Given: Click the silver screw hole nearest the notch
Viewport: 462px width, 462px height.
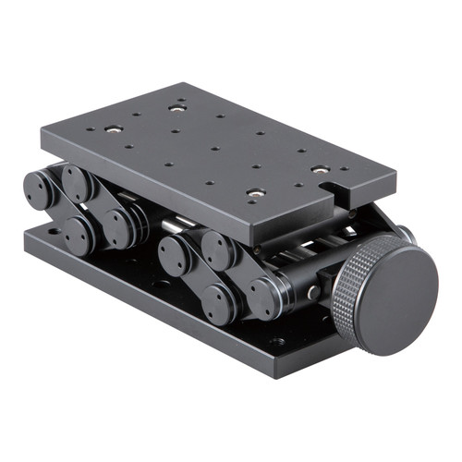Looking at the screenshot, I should tap(320, 169).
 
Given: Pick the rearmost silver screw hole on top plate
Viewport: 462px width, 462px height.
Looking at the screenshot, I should tap(176, 107).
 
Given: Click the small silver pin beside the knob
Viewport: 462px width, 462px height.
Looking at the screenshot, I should tap(314, 293).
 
